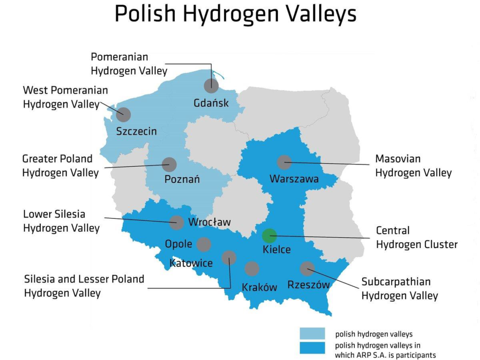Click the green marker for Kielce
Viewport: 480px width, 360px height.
click(x=269, y=236)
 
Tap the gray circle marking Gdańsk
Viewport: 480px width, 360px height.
click(x=211, y=86)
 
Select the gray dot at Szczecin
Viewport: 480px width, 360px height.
click(x=124, y=114)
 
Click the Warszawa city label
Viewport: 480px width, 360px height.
click(x=294, y=179)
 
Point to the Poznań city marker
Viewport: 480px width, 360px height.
click(x=169, y=165)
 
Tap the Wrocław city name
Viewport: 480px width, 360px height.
click(x=209, y=222)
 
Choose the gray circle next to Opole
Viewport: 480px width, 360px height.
click(x=204, y=244)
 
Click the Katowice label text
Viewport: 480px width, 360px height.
click(x=191, y=262)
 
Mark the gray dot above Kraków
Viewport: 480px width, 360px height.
click(x=252, y=269)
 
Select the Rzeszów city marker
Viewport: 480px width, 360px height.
click(x=307, y=269)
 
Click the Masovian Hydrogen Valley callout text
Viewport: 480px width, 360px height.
click(x=413, y=166)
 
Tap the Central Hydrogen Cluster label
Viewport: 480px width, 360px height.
click(x=416, y=237)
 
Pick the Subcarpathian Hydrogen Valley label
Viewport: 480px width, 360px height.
click(x=399, y=289)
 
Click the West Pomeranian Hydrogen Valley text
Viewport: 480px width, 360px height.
click(x=65, y=97)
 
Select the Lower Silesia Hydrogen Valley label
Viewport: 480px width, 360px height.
click(x=61, y=221)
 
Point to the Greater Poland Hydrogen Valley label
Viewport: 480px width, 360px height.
click(x=60, y=166)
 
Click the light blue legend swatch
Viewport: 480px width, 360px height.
click(x=312, y=334)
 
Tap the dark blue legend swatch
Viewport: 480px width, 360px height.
click(x=312, y=347)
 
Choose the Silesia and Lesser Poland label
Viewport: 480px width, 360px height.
click(x=84, y=286)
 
